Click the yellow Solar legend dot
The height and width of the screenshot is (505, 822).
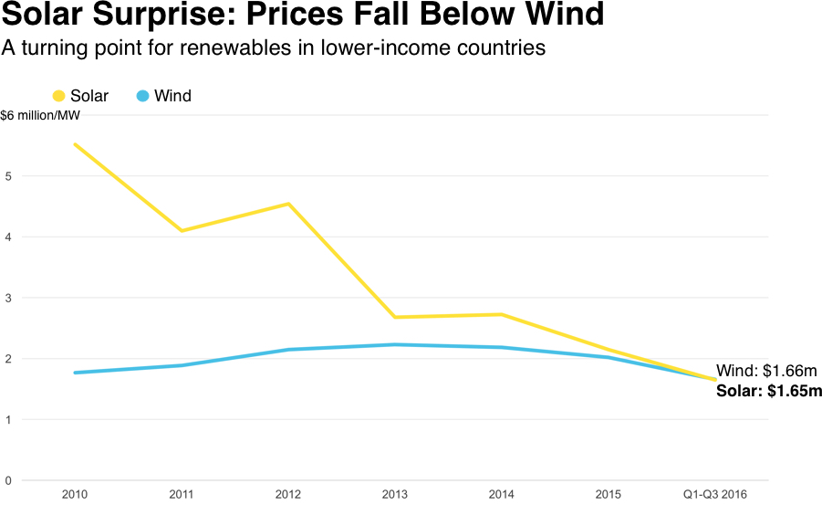(59, 96)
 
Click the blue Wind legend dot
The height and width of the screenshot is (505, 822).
(143, 96)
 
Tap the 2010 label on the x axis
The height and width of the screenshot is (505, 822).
(75, 494)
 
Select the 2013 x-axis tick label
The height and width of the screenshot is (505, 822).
(395, 494)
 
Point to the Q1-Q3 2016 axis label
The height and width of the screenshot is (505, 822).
(715, 494)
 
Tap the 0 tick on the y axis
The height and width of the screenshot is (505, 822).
(7, 480)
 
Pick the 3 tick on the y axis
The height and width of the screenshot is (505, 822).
(7, 298)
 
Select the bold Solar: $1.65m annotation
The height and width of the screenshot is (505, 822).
(769, 391)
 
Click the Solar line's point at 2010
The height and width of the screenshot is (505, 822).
(75, 144)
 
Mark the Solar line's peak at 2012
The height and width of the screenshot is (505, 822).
(288, 204)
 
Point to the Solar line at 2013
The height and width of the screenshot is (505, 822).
(395, 317)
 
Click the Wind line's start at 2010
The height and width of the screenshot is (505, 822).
(75, 373)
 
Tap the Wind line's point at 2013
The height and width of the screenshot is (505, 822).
(395, 344)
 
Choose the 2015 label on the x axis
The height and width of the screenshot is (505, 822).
(609, 494)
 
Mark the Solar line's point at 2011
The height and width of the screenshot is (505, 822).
(182, 230)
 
